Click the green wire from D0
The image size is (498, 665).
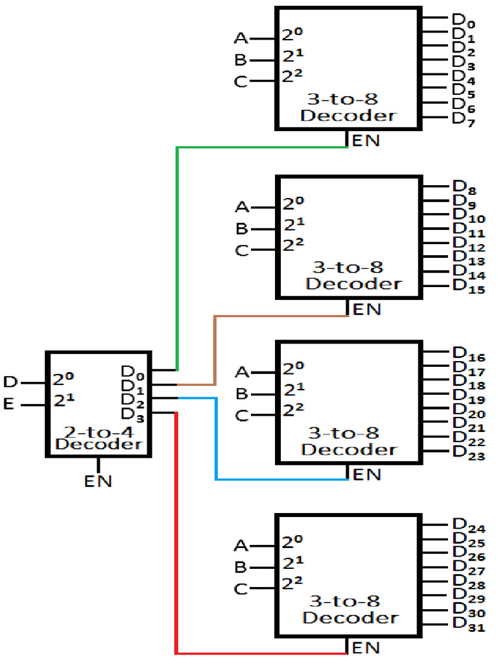[x=177, y=260]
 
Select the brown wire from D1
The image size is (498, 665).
[x=215, y=351]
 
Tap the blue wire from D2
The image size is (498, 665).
[x=216, y=442]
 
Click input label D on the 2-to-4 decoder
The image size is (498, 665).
[x=11, y=382]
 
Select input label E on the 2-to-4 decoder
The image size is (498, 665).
[x=9, y=405]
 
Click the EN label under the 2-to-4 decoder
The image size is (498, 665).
[x=98, y=481]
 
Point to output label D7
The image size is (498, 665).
[x=463, y=119]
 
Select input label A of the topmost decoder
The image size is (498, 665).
[x=241, y=39]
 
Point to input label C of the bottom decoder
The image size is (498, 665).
[x=241, y=589]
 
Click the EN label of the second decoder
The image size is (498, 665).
[x=366, y=309]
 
